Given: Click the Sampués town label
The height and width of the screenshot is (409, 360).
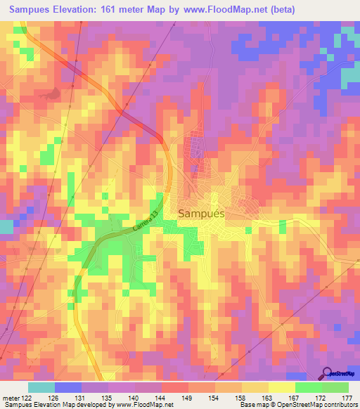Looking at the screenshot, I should click(201, 214).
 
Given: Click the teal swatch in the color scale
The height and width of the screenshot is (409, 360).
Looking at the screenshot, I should click(41, 387).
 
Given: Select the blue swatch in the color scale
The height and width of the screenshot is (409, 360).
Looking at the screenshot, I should click(68, 387).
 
